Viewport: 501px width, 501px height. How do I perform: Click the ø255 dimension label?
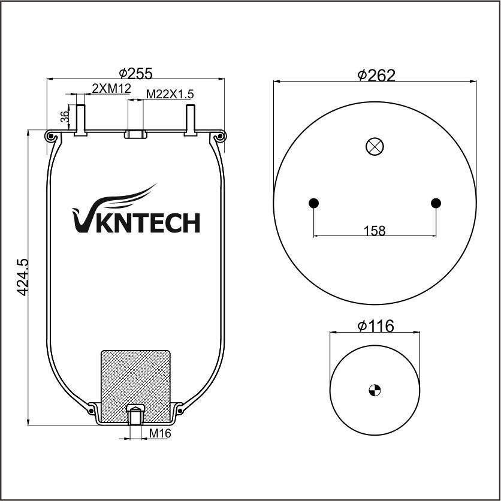135,73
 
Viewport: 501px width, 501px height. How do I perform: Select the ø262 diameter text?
376,75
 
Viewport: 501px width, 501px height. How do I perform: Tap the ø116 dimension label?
376,326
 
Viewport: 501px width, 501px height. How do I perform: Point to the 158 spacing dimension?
375,230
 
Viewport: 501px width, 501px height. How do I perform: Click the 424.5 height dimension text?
23,277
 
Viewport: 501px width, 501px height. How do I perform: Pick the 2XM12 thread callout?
111,88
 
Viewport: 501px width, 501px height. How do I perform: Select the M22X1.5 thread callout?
170,94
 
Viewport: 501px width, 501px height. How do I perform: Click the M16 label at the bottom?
160,433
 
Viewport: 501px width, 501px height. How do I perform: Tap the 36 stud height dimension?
65,117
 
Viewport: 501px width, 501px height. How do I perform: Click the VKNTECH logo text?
136,222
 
